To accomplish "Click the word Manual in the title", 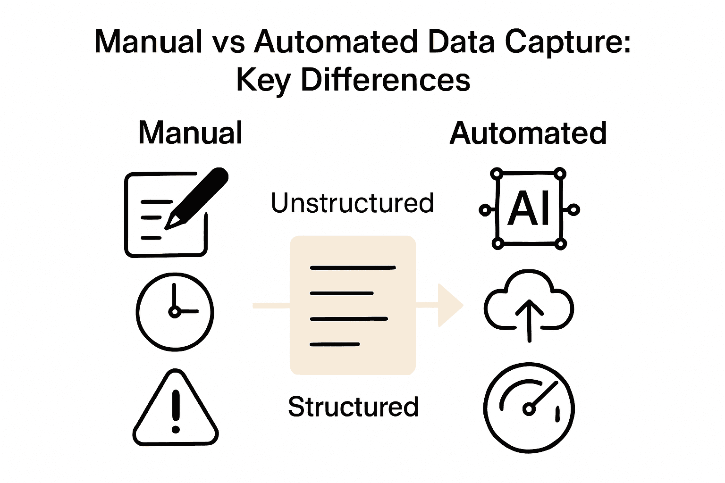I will coord(148,42).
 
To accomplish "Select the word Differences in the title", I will coord(385,80).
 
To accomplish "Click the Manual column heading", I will coord(190,133).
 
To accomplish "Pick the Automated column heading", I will coord(528,133).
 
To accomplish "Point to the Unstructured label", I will coord(352,203).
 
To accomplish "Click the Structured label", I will coord(353,407).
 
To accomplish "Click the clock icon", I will coord(175,312).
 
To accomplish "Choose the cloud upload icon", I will coord(529,304).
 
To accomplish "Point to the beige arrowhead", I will coord(449,305).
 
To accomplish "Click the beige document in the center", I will coord(353,305).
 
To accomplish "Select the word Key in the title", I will coord(263,81).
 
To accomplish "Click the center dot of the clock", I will coord(175,312).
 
